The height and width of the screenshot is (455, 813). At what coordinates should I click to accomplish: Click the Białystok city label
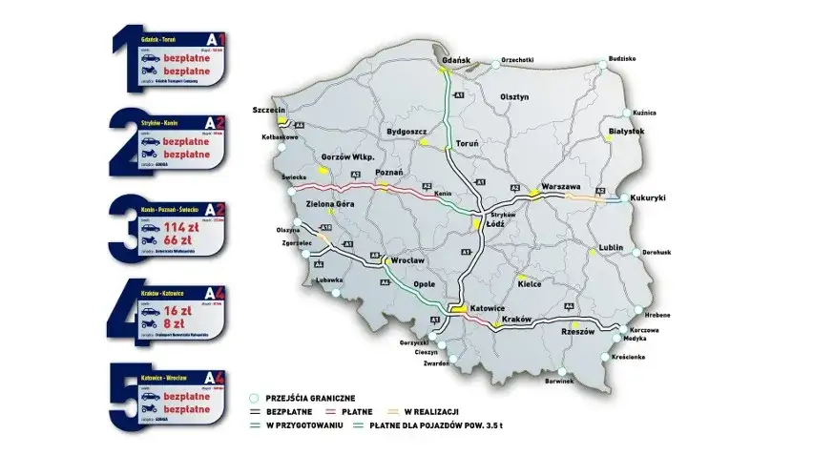point(627,131)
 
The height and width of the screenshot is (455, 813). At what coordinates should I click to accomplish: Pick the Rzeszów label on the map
point(577,332)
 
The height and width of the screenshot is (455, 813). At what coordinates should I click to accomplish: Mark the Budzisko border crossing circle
point(602,61)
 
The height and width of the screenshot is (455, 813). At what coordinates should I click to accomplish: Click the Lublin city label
point(611,248)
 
